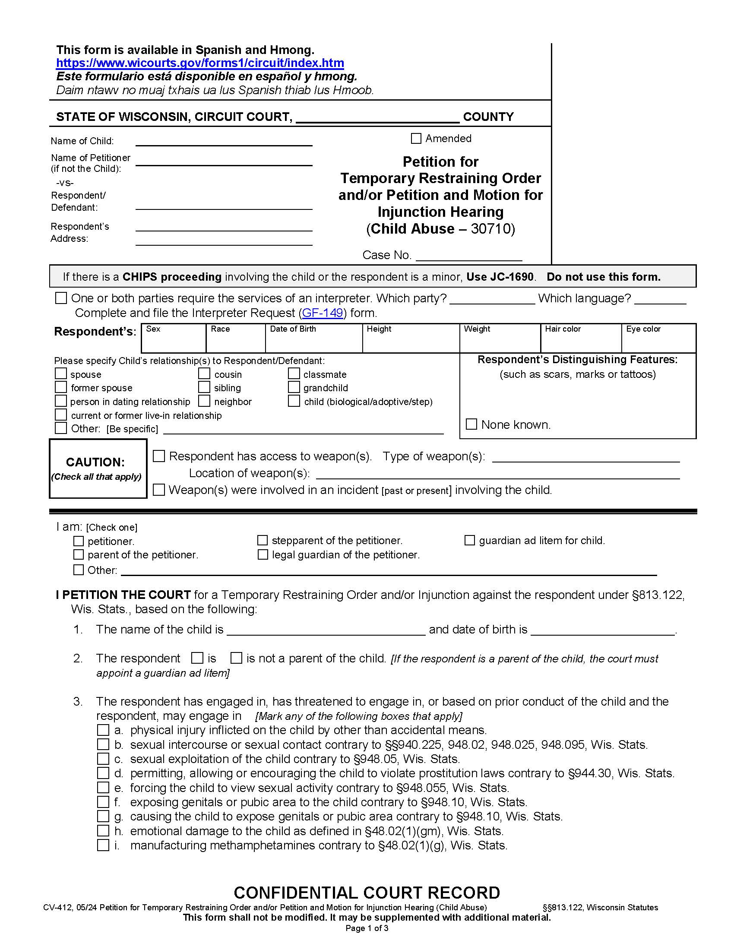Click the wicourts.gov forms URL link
[200, 63]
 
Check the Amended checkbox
[416, 138]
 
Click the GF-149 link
[322, 313]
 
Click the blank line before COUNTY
[377, 117]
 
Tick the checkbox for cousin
[204, 374]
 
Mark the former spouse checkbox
[61, 387]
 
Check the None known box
[471, 424]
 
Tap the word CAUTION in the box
[95, 462]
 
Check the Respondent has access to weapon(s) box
[159, 456]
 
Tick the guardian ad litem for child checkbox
[470, 540]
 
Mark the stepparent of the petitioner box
[262, 540]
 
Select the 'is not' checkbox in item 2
[236, 658]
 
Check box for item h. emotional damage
[103, 830]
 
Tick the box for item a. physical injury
[103, 730]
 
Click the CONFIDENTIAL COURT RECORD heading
[367, 893]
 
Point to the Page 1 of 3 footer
[367, 928]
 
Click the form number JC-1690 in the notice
[500, 277]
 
